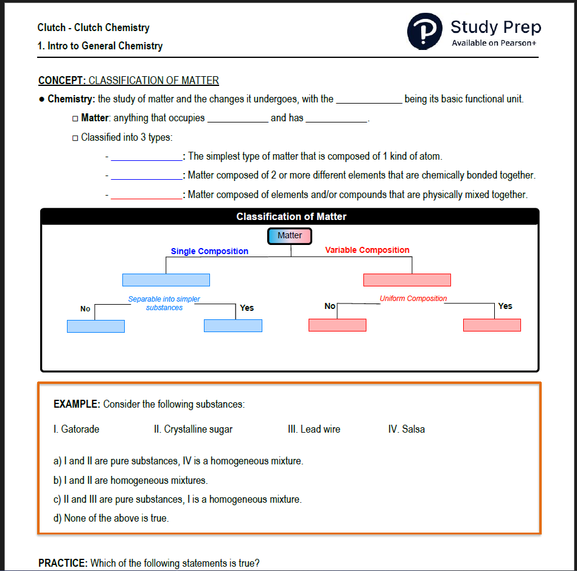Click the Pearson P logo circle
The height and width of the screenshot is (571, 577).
pyautogui.click(x=425, y=31)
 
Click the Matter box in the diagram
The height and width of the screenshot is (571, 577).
pyautogui.click(x=290, y=236)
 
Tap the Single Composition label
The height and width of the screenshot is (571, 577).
pyautogui.click(x=209, y=251)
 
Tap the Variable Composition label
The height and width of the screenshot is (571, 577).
pyautogui.click(x=367, y=250)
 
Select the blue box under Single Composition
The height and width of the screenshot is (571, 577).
pyautogui.click(x=166, y=280)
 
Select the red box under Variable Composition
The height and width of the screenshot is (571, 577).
pyautogui.click(x=407, y=280)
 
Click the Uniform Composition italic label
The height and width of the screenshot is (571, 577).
pyautogui.click(x=413, y=299)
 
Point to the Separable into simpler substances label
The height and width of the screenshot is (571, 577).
pyautogui.click(x=164, y=303)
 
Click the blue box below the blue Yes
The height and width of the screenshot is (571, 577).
pyautogui.click(x=233, y=326)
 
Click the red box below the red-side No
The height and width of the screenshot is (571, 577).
pyautogui.click(x=337, y=325)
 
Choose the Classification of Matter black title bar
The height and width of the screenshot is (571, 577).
pyautogui.click(x=290, y=216)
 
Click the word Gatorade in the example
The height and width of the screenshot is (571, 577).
pyautogui.click(x=80, y=429)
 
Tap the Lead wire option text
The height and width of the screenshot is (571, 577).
pyautogui.click(x=313, y=429)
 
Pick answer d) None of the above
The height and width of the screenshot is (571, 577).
pyautogui.click(x=111, y=518)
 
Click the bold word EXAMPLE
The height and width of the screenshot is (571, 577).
pyautogui.click(x=77, y=404)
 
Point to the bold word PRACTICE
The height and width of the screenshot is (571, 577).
pyautogui.click(x=63, y=563)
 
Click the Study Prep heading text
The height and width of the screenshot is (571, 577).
pyautogui.click(x=495, y=27)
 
